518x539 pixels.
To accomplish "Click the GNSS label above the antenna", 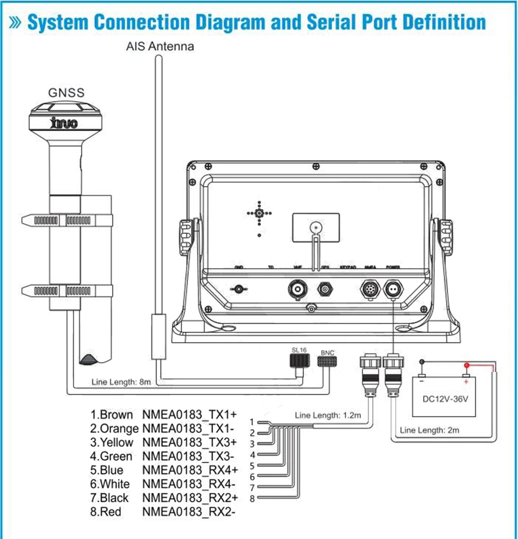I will (66, 93).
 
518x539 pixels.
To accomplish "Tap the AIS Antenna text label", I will (160, 46).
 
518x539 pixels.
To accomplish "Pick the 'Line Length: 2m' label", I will (429, 430).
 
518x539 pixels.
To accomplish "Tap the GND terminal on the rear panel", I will (239, 288).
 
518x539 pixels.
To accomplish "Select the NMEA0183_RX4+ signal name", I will (190, 470).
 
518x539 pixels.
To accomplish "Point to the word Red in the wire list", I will (111, 512).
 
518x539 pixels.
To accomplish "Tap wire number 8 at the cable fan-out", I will (252, 499).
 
